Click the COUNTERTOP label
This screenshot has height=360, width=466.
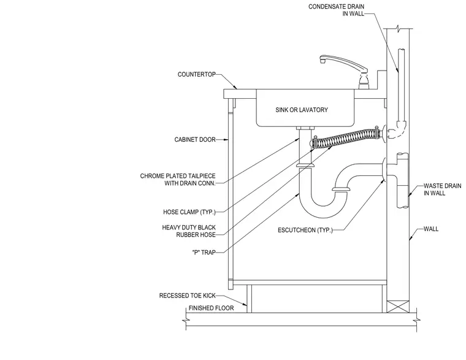196,74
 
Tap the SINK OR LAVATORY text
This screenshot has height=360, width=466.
302,110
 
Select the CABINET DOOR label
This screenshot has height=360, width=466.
195,139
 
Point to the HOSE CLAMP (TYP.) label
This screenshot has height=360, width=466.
189,212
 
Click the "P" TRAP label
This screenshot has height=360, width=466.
204,253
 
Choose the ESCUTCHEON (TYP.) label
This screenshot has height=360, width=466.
305,230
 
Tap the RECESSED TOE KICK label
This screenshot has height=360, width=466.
187,296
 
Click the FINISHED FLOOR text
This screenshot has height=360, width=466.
212,308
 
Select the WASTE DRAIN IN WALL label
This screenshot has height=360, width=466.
443,190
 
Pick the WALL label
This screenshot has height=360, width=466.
431,229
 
